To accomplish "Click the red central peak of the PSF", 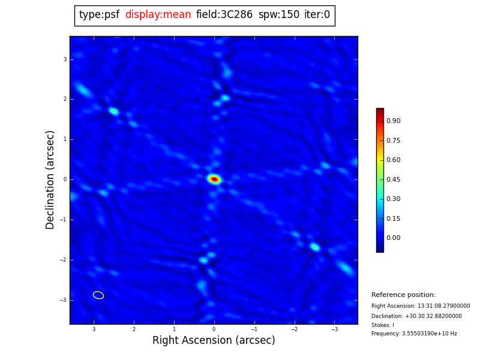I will pos(214,179).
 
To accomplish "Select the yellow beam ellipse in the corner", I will pos(98,295).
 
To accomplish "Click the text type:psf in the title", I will pos(99,15).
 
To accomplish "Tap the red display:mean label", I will pos(158,15).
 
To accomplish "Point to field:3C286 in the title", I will pos(224,15).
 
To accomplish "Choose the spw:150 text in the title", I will pos(279,15).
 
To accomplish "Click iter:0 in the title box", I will pos(317,15).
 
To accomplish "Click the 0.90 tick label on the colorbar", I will pos(393,121).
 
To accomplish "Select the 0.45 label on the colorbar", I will pos(393,179).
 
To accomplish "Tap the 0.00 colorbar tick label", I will pos(393,238).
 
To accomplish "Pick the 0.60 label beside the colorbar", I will pos(393,160).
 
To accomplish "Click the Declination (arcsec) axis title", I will pos(50,179).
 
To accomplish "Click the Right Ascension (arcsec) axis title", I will pos(214,341).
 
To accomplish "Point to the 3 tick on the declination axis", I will pos(65,59).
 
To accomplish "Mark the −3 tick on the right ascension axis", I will pos(334,329).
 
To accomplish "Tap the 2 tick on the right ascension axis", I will pos(134,329).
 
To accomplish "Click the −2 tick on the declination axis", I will pos(63,260).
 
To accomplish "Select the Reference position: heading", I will pos(403,295).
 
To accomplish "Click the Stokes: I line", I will pos(383,325).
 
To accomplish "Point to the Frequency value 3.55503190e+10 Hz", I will pos(414,334).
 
